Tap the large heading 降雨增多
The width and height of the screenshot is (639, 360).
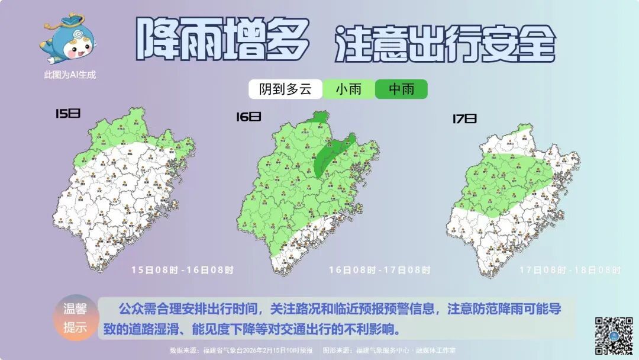point(222,39)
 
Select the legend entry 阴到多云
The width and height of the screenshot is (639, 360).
point(285,89)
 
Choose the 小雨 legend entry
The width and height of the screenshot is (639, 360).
point(349,89)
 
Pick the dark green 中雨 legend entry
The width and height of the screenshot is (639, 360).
point(401,89)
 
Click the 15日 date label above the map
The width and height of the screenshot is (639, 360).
point(67,113)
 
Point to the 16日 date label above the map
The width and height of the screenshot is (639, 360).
point(248,117)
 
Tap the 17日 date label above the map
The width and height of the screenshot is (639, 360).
point(464,119)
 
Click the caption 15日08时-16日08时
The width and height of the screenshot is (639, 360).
point(182,270)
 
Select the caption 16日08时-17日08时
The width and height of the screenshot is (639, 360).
point(379,270)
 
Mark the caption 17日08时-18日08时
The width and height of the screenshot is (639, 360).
point(570,270)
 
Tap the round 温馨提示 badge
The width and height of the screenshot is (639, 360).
point(75,318)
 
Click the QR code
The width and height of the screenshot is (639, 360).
point(614,336)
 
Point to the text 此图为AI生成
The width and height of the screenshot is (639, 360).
point(69,75)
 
